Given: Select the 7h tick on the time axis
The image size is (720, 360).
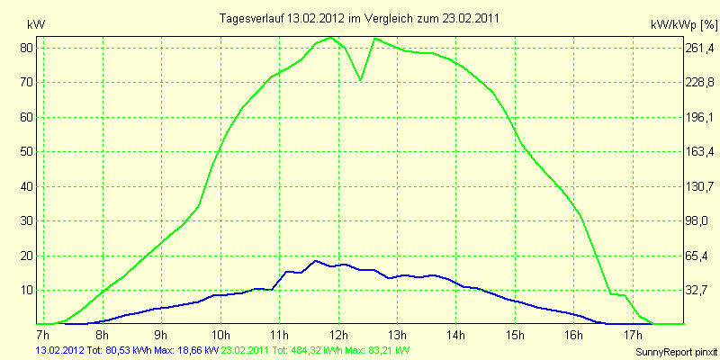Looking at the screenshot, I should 42,335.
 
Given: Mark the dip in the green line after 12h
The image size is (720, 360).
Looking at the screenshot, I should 361,80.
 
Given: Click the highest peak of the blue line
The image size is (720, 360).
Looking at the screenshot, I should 315,261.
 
